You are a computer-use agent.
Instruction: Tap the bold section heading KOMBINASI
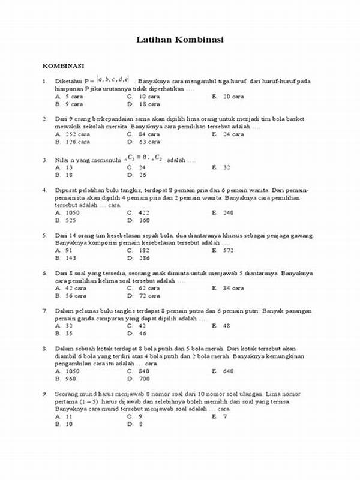click(62, 65)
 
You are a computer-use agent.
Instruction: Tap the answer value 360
click(143, 220)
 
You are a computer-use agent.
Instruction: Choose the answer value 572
click(228, 250)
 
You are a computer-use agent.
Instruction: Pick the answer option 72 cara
click(149, 296)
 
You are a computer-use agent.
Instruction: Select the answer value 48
click(226, 326)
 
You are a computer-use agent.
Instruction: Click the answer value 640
click(228, 371)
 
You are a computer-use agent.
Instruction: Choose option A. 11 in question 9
click(64, 416)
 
